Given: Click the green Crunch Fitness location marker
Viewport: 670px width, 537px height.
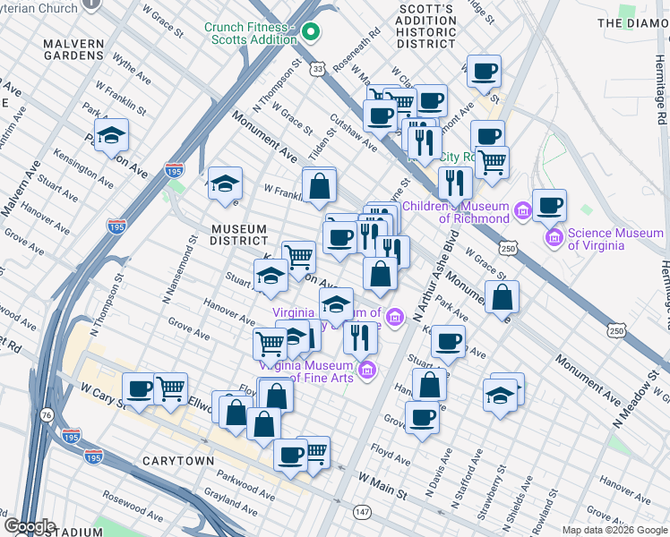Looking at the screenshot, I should pyautogui.click(x=311, y=33).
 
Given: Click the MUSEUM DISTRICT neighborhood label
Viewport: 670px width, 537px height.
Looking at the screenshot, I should pyautogui.click(x=239, y=234).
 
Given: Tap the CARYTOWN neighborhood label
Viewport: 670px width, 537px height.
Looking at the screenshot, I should pyautogui.click(x=178, y=460).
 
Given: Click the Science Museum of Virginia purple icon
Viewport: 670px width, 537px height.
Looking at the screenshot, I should pyautogui.click(x=554, y=238).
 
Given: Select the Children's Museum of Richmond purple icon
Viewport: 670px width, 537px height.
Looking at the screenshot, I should pyautogui.click(x=522, y=211).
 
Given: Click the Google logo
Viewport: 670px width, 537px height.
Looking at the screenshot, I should pyautogui.click(x=30, y=525).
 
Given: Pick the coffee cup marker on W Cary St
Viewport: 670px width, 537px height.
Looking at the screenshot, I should pyautogui.click(x=139, y=389).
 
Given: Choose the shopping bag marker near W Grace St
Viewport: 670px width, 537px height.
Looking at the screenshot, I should pyautogui.click(x=503, y=297).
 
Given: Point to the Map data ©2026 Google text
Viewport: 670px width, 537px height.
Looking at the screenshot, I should pyautogui.click(x=613, y=530).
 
